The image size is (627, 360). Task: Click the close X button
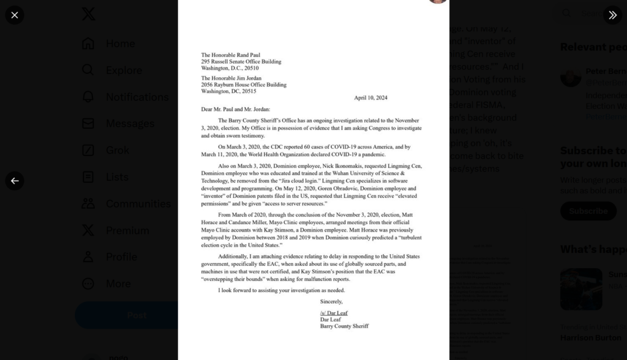click(15, 15)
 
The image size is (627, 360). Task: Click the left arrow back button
click(15, 181)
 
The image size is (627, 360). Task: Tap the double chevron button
click(612, 15)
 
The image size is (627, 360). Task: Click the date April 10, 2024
click(370, 98)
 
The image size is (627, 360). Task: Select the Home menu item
click(120, 43)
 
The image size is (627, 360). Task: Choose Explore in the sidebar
click(124, 70)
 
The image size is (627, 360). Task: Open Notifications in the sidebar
click(137, 97)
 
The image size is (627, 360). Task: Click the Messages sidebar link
click(130, 124)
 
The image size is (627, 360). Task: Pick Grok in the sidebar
click(118, 150)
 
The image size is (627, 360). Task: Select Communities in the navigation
click(138, 204)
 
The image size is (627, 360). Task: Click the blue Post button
click(137, 315)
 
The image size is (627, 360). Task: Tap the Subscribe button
click(588, 211)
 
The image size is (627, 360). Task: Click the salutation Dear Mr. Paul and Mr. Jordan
click(235, 110)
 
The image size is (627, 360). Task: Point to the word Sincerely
click(331, 302)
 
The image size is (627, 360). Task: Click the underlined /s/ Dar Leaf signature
click(334, 313)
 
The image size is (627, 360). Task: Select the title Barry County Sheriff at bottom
click(344, 326)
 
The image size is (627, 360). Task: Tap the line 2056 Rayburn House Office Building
click(244, 84)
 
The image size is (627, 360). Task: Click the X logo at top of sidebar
click(88, 14)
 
